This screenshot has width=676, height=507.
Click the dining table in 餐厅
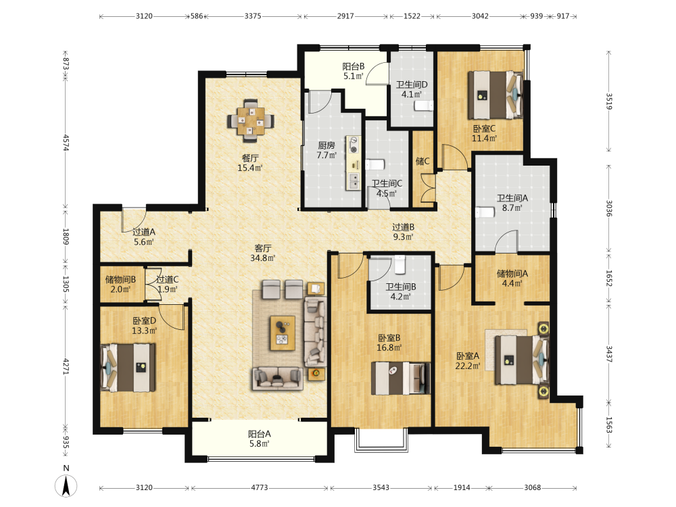(251, 121)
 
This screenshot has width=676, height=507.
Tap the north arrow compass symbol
(66, 486)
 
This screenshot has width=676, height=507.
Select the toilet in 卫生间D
(423, 105)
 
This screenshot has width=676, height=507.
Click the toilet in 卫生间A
(485, 212)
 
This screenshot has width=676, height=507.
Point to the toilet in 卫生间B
(400, 265)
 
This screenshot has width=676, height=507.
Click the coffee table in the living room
(283, 333)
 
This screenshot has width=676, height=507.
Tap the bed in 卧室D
(128, 367)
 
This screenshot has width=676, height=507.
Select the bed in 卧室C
(496, 95)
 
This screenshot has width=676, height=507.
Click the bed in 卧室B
(401, 378)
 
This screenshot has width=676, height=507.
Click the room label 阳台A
(259, 434)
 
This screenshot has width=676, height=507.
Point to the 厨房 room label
(327, 145)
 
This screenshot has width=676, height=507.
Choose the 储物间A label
(512, 273)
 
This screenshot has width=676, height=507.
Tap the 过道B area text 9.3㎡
(403, 237)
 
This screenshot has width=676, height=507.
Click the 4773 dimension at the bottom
(260, 487)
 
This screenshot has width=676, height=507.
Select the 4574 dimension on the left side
(66, 142)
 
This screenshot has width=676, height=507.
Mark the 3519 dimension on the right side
(609, 101)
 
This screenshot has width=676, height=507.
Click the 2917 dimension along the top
(345, 16)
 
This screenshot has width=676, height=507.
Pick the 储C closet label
(422, 162)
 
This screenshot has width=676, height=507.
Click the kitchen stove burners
(354, 145)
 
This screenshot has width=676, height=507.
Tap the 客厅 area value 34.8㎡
(262, 258)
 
